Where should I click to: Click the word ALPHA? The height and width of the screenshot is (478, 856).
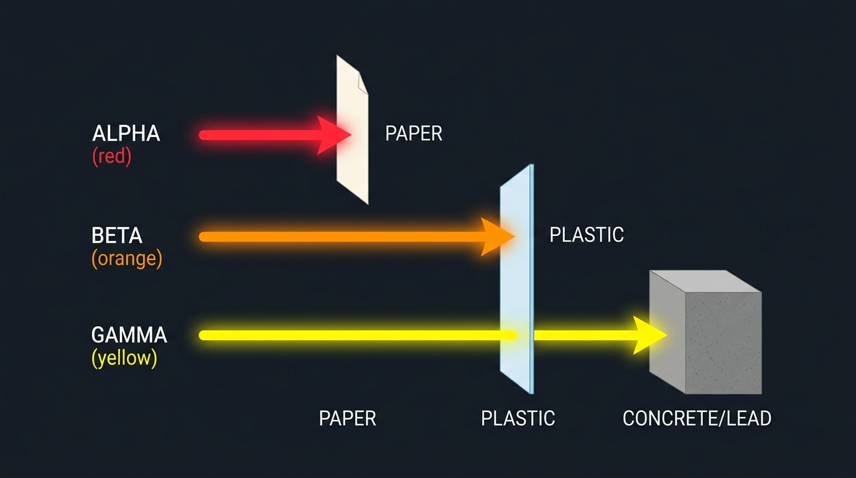click(126, 133)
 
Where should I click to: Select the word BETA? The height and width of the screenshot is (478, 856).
click(117, 235)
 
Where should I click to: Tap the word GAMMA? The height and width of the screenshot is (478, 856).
click(129, 335)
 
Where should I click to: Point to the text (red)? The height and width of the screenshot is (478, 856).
click(112, 156)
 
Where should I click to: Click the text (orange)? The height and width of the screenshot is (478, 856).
click(127, 258)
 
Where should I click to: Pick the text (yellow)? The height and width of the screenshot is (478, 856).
click(124, 358)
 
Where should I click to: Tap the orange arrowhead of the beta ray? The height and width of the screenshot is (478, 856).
click(498, 237)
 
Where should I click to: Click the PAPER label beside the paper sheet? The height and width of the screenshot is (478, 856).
click(414, 133)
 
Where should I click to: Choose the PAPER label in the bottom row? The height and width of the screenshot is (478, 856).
click(347, 418)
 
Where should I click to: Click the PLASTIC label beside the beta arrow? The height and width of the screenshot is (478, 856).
click(587, 235)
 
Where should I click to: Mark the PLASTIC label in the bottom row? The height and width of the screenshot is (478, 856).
click(518, 418)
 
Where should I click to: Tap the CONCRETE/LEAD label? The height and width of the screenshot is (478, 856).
click(697, 418)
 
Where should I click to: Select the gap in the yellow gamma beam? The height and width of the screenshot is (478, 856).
click(526, 335)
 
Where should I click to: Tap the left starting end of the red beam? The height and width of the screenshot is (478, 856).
click(203, 134)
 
